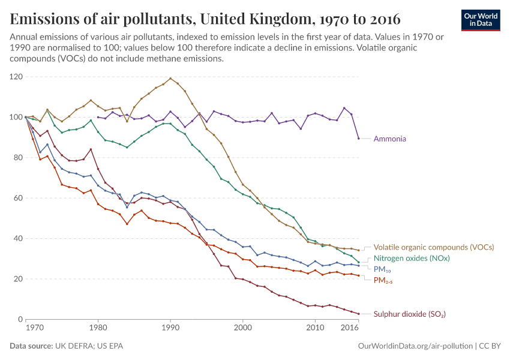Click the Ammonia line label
[389, 139]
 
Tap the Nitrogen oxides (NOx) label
[412, 258]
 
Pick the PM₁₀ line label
[383, 269]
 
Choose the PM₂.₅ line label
[383, 280]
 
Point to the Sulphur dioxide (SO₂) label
[409, 314]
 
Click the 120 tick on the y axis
[16, 77]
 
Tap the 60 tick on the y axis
[18, 198]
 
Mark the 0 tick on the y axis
[20, 319]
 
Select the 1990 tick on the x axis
[170, 329]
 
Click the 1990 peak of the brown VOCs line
[170, 78]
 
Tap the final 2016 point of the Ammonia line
[358, 139]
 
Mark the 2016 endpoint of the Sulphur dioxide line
[358, 314]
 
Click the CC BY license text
[489, 346]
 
